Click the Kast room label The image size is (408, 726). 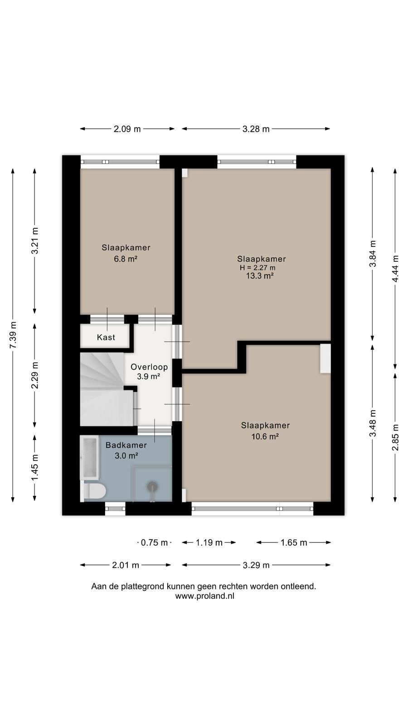tap(106, 338)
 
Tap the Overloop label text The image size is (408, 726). tap(149, 367)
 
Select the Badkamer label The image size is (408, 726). tap(126, 445)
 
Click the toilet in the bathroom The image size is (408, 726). tap(95, 491)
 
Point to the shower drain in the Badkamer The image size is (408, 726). tap(152, 486)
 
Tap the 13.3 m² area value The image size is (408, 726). tap(260, 276)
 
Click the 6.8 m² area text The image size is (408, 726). tap(126, 259)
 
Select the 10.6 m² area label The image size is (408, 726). tap(265, 436)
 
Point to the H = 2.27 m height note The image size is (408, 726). tap(257, 268)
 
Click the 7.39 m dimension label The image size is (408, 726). tap(13, 335)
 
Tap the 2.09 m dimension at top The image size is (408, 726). tap(127, 129)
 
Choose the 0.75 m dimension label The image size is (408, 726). tap(154, 543)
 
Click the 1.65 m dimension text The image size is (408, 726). tap(294, 543)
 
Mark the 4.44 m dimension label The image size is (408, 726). tap(395, 269)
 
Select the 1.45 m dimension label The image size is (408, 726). tap(35, 467)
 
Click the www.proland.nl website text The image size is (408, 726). tap(204, 596)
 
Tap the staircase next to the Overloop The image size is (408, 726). tap(107, 389)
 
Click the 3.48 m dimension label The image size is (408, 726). tap(373, 423)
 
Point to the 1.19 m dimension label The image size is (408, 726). tap(209, 543)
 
